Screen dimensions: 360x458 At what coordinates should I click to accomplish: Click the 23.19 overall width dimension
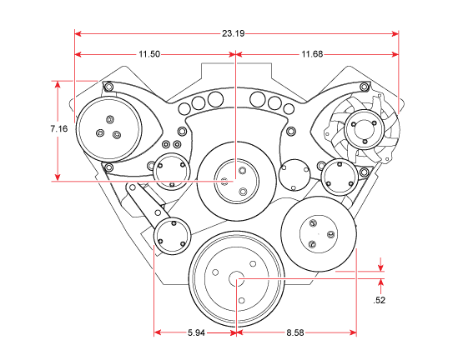click(233, 34)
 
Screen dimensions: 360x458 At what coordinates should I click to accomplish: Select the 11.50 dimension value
click(149, 54)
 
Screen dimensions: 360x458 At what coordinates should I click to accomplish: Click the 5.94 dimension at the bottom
click(197, 332)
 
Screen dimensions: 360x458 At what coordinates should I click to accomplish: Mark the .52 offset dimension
click(380, 299)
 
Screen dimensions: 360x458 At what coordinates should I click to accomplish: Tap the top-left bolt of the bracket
click(107, 87)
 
